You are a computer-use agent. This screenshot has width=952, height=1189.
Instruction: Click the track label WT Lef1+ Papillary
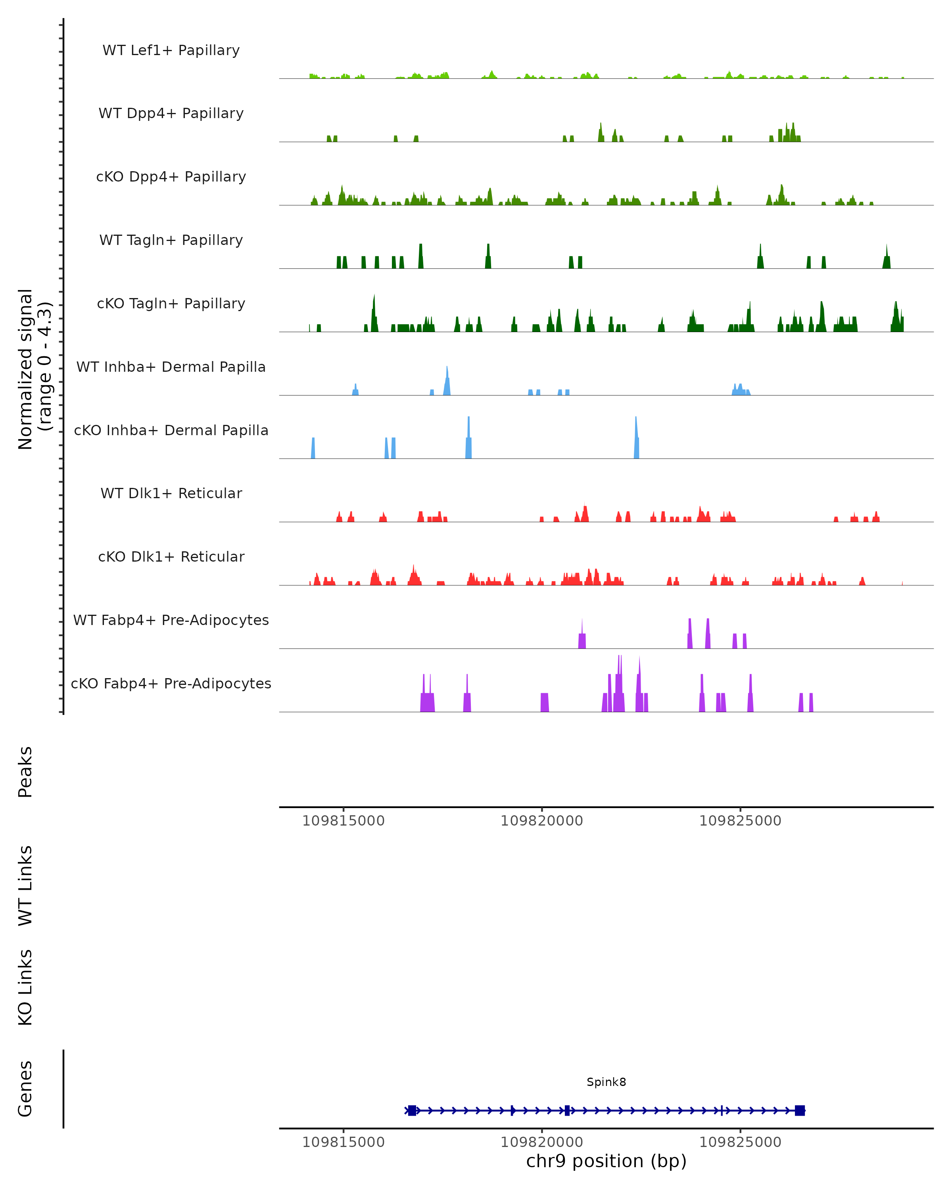[171, 50]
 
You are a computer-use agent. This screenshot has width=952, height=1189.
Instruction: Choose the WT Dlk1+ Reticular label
[171, 493]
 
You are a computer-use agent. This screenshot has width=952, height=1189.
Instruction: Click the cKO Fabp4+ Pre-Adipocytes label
[171, 683]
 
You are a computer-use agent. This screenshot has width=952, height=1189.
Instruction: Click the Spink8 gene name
[606, 1082]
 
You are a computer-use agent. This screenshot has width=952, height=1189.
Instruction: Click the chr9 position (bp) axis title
[606, 1161]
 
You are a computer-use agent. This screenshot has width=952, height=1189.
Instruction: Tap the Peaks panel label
[25, 772]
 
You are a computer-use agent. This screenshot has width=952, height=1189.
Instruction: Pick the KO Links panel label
[25, 987]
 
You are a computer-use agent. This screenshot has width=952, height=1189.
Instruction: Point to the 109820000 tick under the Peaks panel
[541, 821]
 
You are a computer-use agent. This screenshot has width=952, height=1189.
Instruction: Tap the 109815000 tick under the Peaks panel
[343, 821]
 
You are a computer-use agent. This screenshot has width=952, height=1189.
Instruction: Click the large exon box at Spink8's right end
[800, 1111]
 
